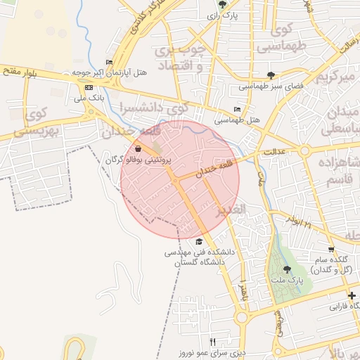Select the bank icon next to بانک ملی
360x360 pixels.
(89, 87)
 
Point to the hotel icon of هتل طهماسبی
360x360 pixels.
(237, 110)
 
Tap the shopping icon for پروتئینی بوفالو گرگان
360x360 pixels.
(137, 149)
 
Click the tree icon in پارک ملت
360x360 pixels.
(286, 269)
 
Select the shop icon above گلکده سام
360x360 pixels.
(330, 250)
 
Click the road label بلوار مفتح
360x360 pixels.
(20, 69)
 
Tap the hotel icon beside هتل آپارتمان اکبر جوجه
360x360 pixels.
(108, 62)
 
